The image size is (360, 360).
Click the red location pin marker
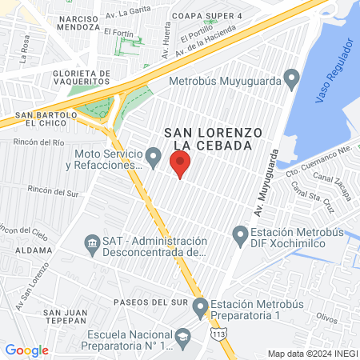click(x=180, y=166)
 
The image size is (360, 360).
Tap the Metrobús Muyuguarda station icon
click(x=291, y=78)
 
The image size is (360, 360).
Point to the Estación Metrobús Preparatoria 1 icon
click(x=200, y=306)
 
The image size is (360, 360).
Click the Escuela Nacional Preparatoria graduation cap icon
click(x=182, y=338)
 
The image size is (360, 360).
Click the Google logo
click(x=26, y=350)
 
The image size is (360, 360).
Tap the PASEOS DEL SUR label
click(x=150, y=302)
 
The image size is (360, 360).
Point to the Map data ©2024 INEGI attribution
click(x=312, y=353)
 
